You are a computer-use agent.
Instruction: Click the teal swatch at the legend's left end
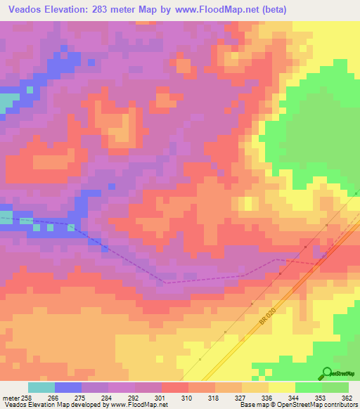point(41,387)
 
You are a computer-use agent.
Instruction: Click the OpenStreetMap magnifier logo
point(326,372)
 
